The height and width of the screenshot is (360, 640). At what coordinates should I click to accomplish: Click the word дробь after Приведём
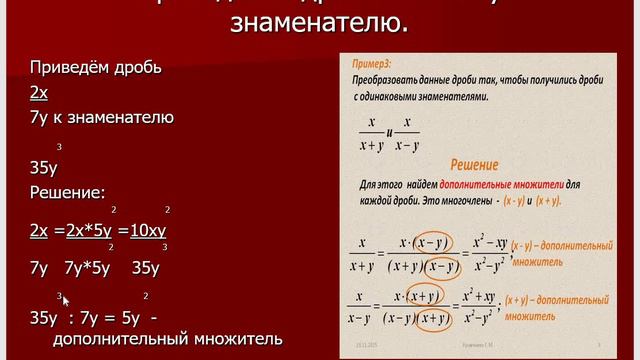tap(139, 69)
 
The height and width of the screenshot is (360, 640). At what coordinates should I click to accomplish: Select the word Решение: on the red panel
tap(68, 192)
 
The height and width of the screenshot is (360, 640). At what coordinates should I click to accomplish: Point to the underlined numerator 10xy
tap(148, 229)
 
